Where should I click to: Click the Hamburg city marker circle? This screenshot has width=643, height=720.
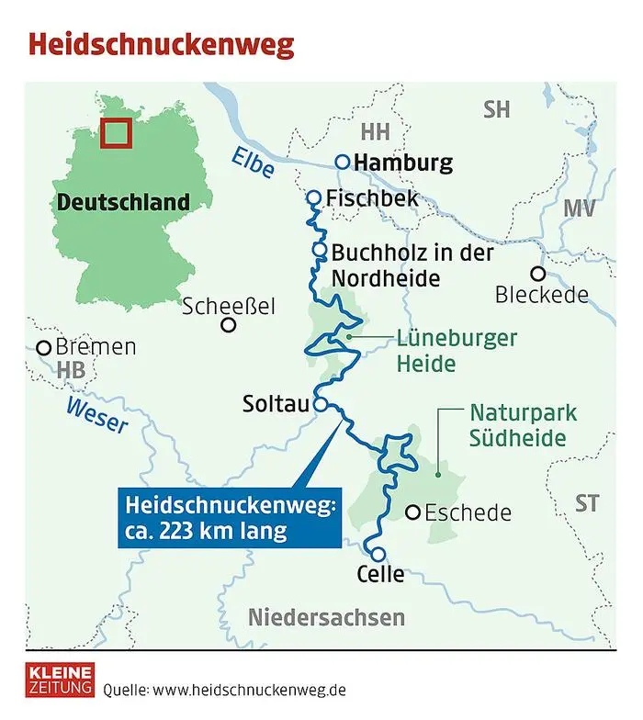point(342,162)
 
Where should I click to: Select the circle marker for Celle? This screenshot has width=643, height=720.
point(378,553)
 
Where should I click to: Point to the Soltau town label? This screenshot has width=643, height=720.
point(276,402)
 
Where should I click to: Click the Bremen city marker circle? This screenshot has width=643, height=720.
point(43,348)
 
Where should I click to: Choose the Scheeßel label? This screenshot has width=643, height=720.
point(229,306)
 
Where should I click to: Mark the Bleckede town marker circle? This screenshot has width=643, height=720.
point(537,273)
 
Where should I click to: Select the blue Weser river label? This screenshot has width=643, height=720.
point(96,414)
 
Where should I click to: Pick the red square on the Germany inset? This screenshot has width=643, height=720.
point(115,133)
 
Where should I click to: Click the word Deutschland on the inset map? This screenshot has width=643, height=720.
point(123,202)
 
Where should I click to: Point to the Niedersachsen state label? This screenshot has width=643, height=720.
point(326,616)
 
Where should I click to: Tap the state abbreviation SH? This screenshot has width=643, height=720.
point(496,109)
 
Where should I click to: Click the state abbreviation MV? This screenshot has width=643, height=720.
point(580,208)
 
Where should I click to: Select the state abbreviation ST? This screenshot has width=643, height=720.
point(586,503)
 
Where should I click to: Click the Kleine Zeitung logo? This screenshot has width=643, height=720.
point(59,679)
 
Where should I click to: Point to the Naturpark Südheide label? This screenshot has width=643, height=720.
point(517,425)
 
